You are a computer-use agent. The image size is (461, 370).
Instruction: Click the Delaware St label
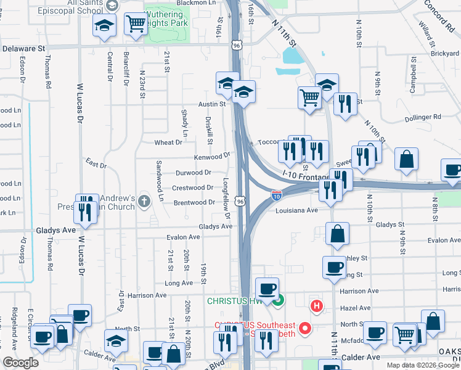pos(24,47)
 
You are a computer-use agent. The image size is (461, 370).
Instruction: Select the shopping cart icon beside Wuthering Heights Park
pos(135,25)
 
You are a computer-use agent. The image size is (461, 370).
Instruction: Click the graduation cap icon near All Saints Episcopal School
pos(104,26)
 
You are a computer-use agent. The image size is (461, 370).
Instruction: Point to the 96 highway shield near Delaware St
pos(237,45)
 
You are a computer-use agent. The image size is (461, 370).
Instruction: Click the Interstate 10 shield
pos(277,196)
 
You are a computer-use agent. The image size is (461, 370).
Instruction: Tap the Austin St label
pos(212,105)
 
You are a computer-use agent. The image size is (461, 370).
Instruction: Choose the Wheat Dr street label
pos(168,142)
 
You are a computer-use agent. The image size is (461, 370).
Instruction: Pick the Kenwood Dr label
pos(212,157)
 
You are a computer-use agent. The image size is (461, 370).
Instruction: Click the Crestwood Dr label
pos(193,187)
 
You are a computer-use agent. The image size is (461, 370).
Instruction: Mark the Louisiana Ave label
pos(296,210)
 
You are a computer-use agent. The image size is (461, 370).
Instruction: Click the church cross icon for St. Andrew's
pos(144,200)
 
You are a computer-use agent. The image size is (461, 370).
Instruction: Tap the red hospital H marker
pos(317,305)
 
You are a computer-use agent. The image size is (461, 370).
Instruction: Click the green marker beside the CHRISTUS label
pos(279,301)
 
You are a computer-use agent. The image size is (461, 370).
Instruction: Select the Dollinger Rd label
pos(423,117)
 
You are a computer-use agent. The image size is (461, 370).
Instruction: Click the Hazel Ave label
pos(356,308)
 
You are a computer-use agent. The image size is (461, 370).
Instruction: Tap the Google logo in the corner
pos(20,363)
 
